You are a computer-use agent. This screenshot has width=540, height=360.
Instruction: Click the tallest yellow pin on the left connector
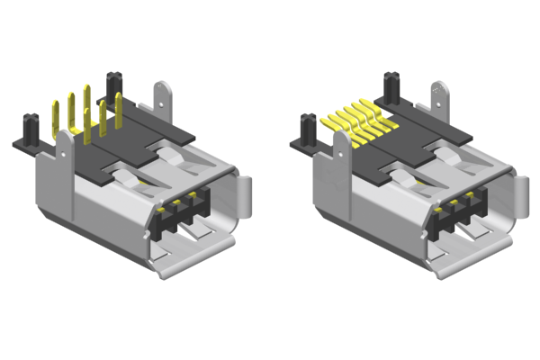[x=87, y=106]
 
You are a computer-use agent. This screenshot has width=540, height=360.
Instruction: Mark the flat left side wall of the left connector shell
[x=54, y=193]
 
